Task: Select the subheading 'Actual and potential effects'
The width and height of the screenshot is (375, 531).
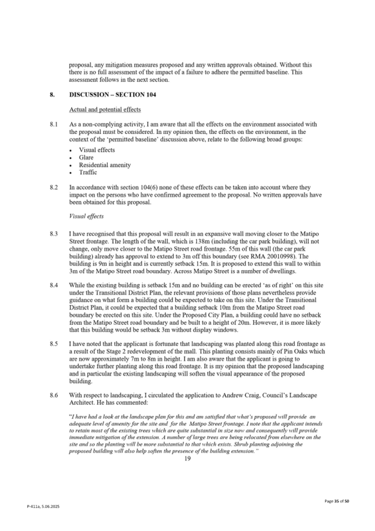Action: point(105,110)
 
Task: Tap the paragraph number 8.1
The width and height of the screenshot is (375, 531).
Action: point(53,124)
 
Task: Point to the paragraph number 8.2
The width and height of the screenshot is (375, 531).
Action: point(53,188)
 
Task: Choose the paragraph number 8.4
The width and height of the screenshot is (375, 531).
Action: point(53,285)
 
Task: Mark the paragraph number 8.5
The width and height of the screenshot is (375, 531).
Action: point(53,344)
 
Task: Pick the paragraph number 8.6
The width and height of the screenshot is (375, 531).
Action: point(53,395)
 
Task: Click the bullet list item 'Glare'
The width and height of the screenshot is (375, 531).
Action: point(86,157)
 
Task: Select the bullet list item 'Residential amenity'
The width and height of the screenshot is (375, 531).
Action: point(104,165)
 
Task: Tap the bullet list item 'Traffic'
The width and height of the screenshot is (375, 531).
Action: point(88,173)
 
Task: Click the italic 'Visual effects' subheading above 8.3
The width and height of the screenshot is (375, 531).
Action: point(86,216)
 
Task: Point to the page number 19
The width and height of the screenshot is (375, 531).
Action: point(187,458)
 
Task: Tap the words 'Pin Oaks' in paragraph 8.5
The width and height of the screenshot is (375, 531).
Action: point(297,351)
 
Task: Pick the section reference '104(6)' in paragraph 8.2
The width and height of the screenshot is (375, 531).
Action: point(151,188)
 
